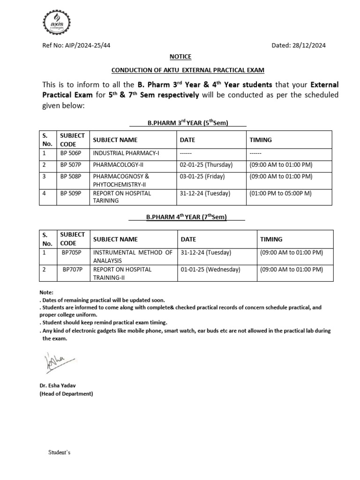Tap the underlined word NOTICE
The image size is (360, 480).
(x=180, y=57)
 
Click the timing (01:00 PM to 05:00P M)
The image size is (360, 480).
(x=281, y=193)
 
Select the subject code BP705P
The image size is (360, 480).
(x=71, y=252)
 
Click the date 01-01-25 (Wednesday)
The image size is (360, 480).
(x=210, y=270)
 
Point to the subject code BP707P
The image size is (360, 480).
(x=72, y=270)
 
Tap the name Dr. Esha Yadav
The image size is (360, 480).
(x=57, y=385)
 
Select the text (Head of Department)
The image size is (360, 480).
(x=66, y=394)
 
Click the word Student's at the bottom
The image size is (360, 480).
(x=59, y=453)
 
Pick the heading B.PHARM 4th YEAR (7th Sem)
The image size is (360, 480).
(x=186, y=217)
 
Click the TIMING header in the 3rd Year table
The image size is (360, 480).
(x=260, y=140)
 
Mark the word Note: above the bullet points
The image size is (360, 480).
(x=46, y=292)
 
